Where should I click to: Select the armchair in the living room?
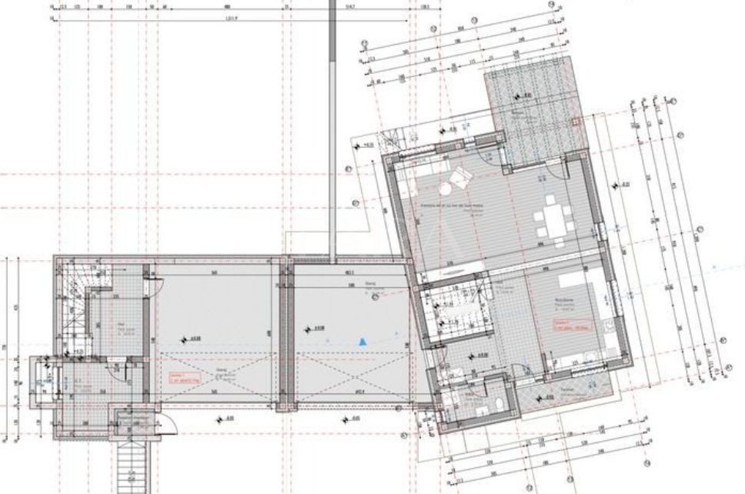(459, 179)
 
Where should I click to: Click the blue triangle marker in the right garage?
(359, 339)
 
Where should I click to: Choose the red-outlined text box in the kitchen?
(566, 325)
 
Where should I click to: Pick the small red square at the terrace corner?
(575, 120)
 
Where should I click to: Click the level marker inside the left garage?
(184, 338)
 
